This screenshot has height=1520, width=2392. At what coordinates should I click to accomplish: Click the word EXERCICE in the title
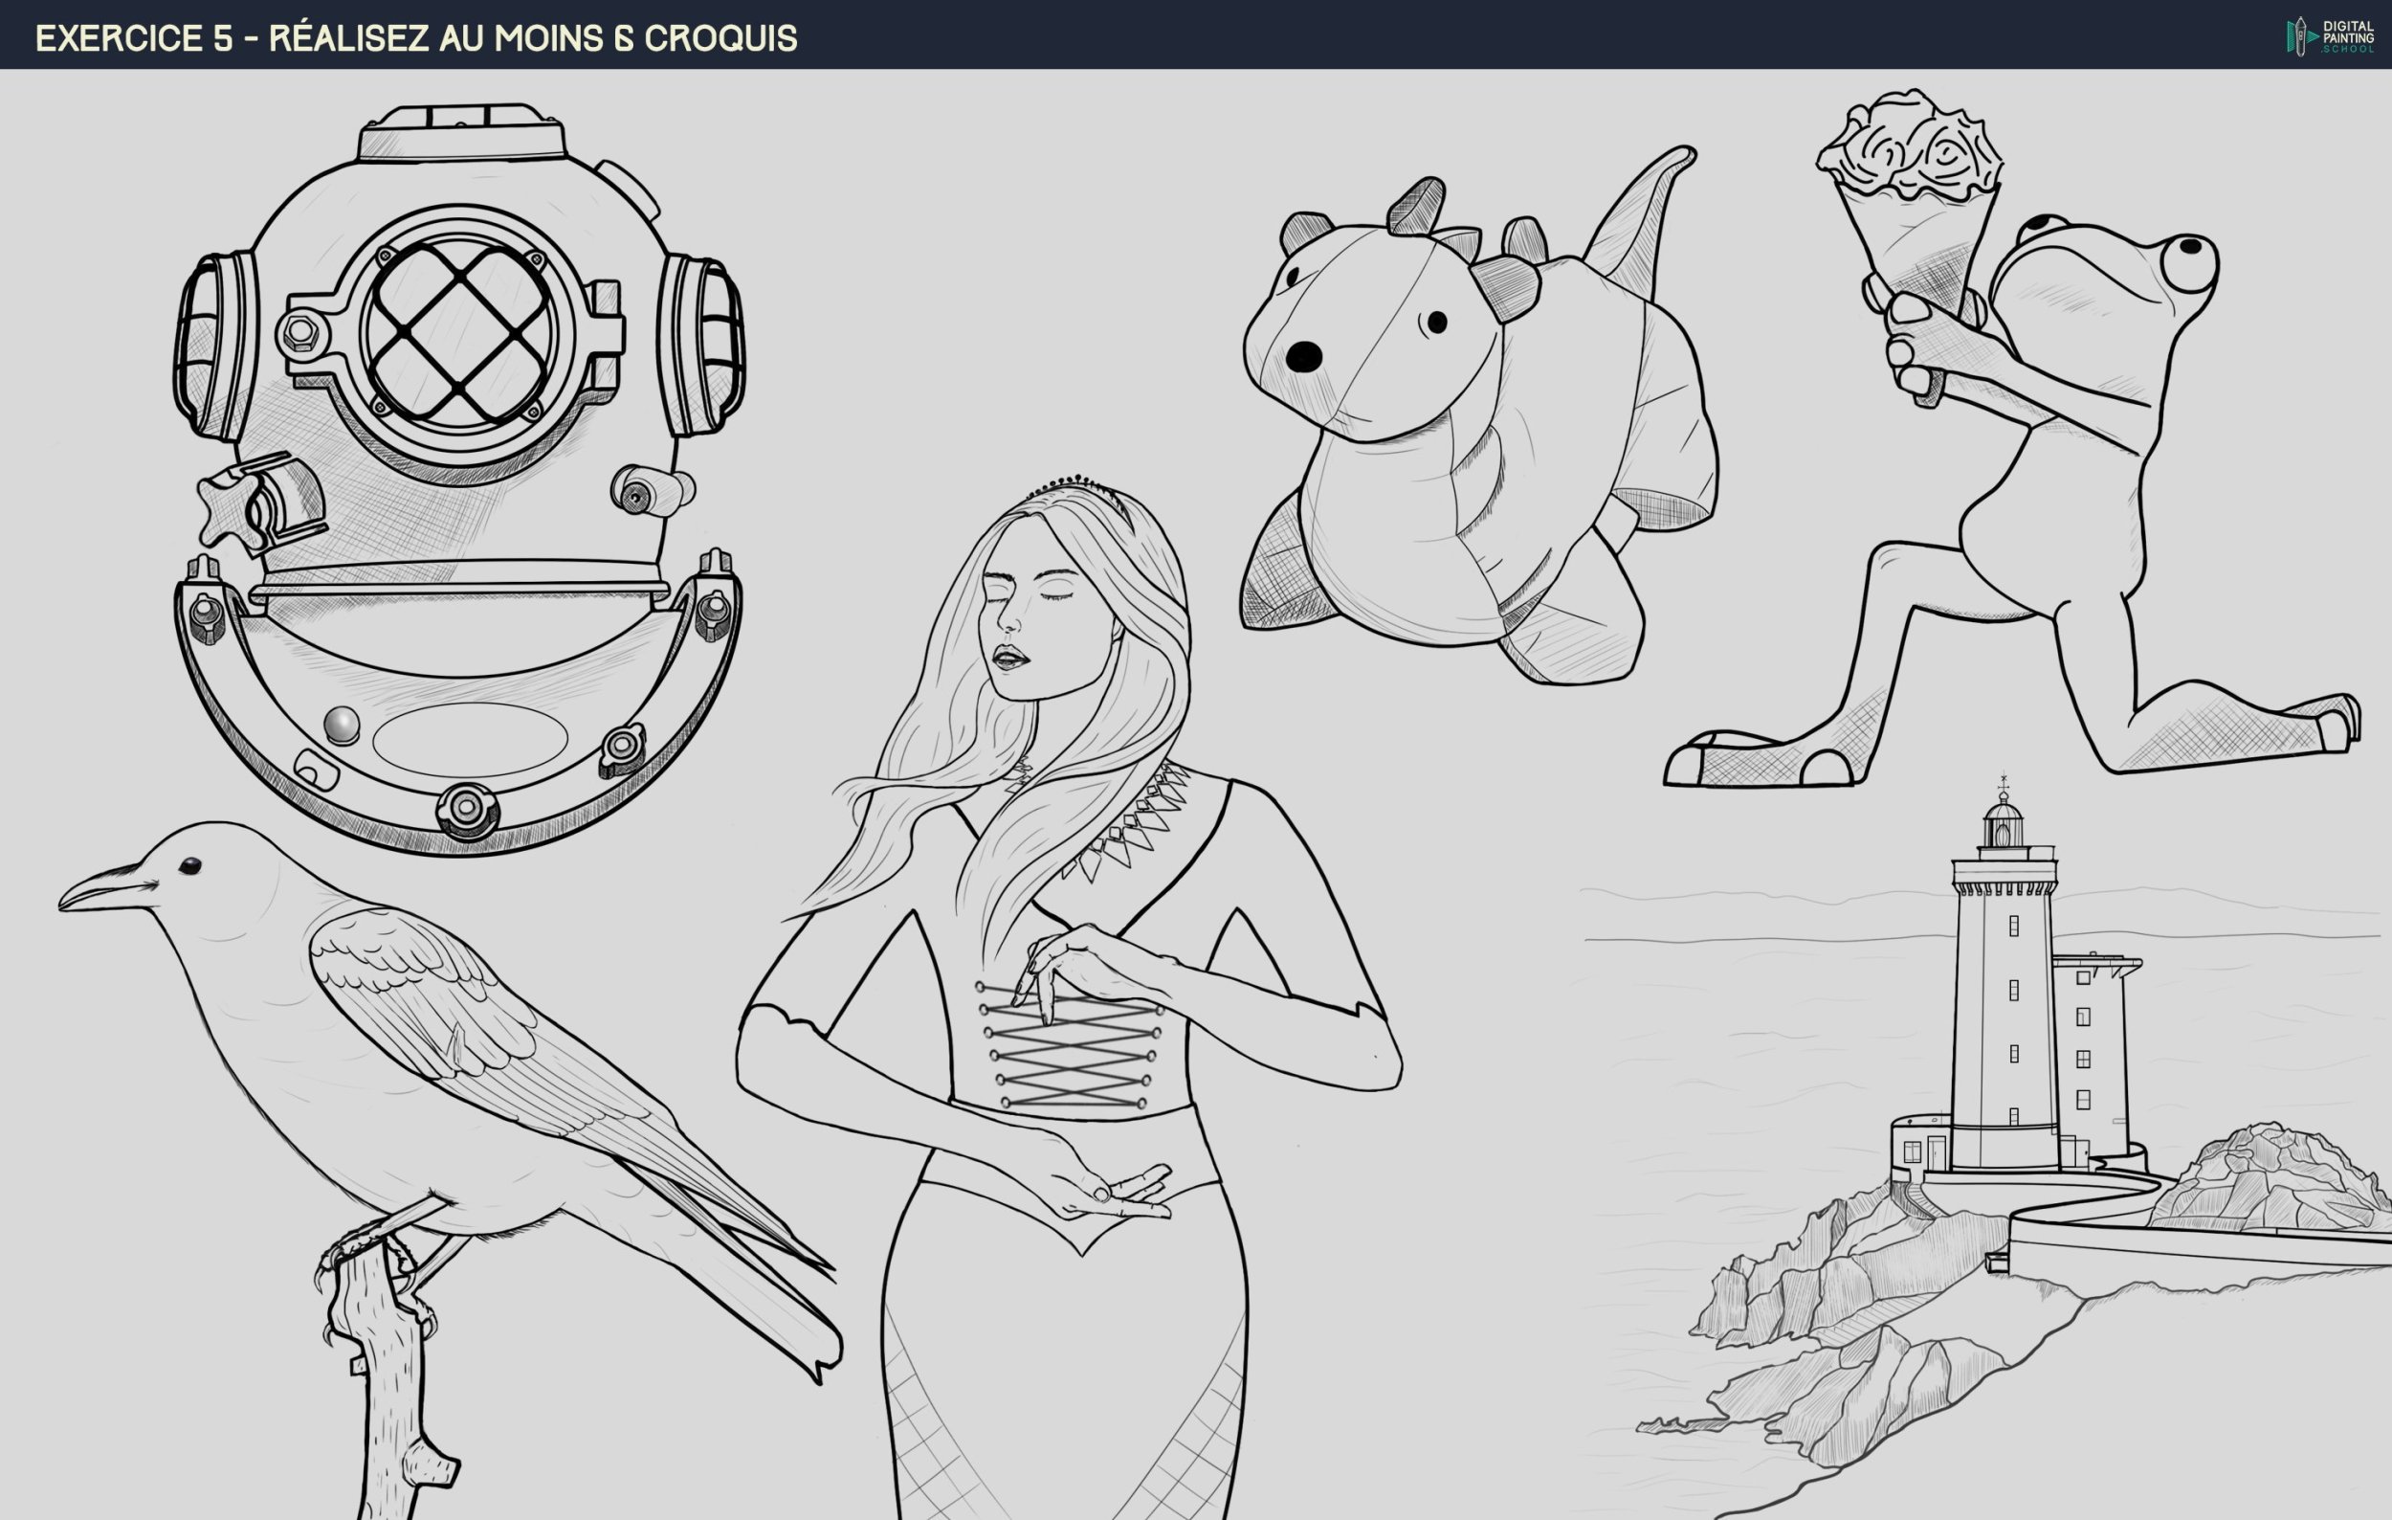click(x=120, y=37)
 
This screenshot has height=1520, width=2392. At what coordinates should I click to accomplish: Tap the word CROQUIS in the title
click(x=720, y=37)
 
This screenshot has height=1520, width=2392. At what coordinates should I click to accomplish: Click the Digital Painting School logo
click(x=2331, y=35)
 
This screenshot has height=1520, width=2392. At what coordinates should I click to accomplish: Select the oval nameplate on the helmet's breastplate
click(x=470, y=740)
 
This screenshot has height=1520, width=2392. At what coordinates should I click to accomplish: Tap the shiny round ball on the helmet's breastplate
click(x=342, y=725)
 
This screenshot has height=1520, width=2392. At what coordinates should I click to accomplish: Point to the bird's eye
click(x=188, y=866)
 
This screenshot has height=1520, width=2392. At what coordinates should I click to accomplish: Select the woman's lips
click(x=1010, y=658)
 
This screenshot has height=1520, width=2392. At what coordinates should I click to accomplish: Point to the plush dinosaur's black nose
click(x=1303, y=357)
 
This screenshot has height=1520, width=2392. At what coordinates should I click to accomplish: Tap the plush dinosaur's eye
click(x=1436, y=322)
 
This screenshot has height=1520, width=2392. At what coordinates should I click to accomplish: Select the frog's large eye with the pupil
click(x=2185, y=263)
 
